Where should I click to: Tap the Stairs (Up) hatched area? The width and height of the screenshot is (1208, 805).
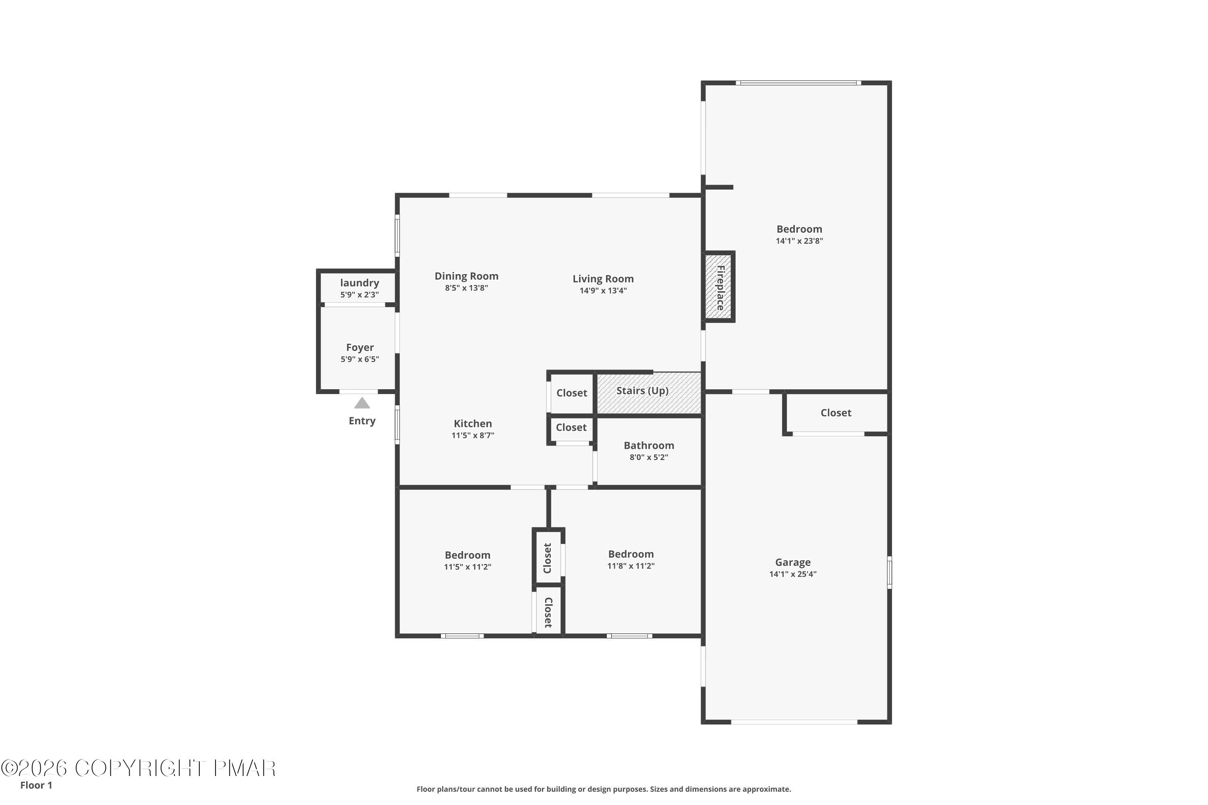(x=648, y=393)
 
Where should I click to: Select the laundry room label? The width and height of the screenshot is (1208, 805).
(x=360, y=283)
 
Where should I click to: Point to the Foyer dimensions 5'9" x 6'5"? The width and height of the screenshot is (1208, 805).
(x=360, y=359)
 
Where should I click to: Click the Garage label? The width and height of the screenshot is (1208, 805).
(x=792, y=562)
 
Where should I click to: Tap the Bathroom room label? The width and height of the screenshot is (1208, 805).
(x=649, y=445)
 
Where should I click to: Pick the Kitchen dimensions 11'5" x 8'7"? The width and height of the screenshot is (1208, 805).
(x=472, y=436)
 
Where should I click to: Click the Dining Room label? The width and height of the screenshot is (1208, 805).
(x=466, y=276)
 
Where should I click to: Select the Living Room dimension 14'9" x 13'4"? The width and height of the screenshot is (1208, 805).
(x=603, y=291)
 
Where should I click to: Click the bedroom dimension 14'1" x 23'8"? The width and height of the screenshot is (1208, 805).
(x=799, y=241)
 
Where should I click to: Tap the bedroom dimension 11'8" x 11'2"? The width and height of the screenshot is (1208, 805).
(x=631, y=566)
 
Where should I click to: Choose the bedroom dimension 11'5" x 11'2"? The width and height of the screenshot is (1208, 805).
(x=467, y=567)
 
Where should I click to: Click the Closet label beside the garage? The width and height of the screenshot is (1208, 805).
(x=836, y=413)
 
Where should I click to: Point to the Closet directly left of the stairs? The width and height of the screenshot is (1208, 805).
(x=571, y=393)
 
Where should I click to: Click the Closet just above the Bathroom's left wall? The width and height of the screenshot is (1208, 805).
(x=571, y=427)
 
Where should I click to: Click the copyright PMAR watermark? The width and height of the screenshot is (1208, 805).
(x=139, y=768)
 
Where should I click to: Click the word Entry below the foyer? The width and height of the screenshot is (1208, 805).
(x=362, y=421)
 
